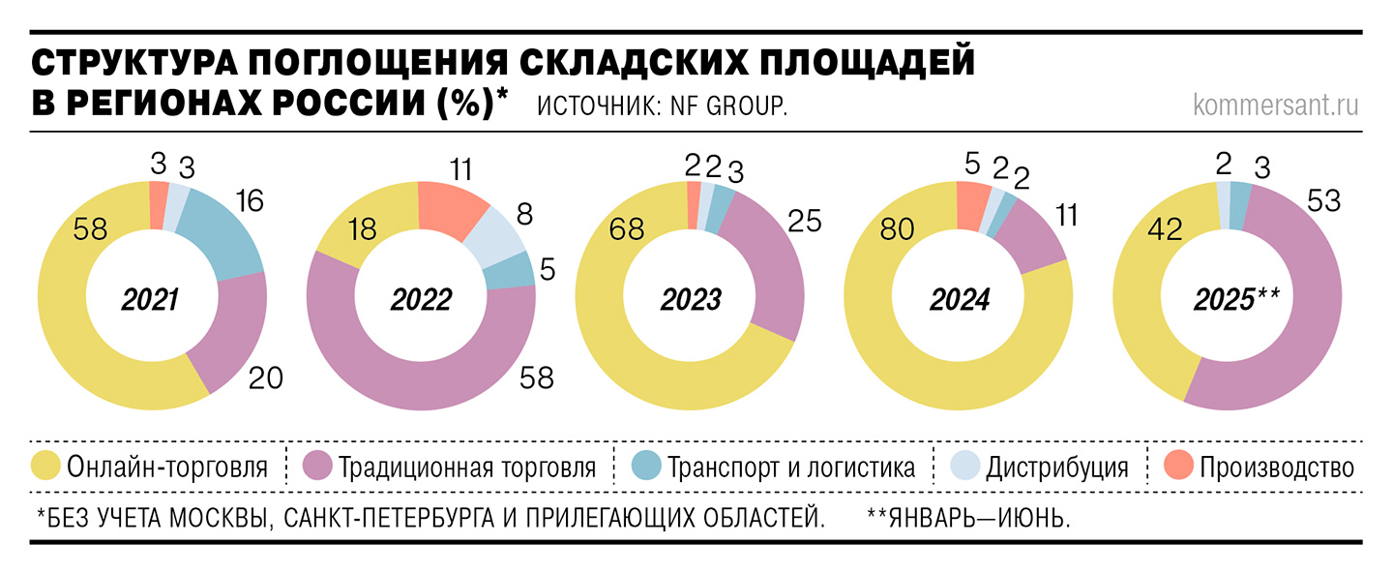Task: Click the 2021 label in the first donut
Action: pos(150,300)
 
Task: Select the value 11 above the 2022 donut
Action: pos(460,169)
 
